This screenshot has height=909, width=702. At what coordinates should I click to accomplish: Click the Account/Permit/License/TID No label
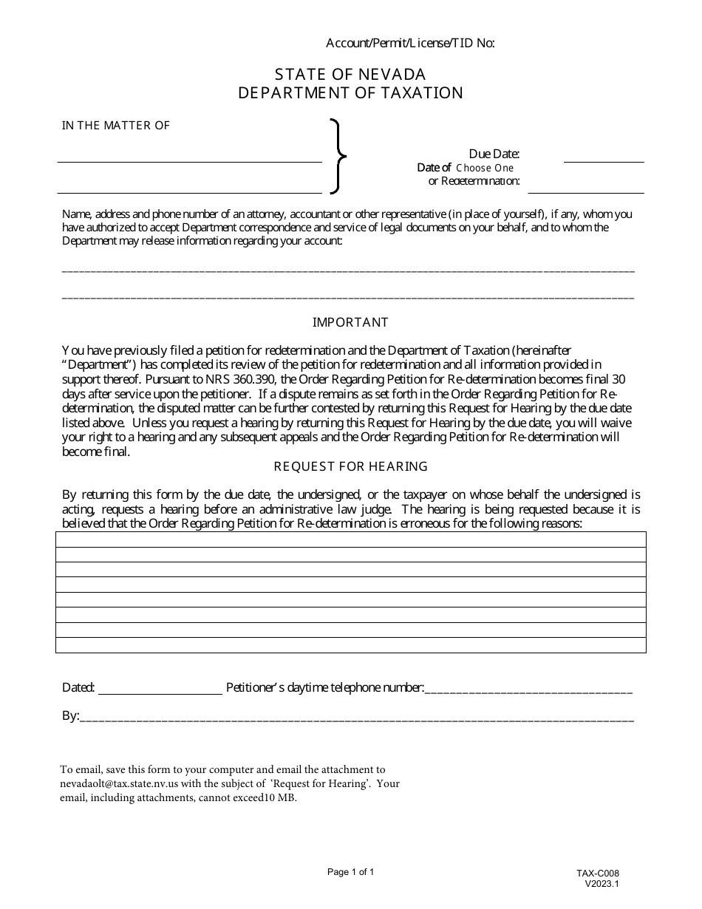pyautogui.click(x=410, y=43)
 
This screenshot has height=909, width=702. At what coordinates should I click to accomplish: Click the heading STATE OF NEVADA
pyautogui.click(x=350, y=74)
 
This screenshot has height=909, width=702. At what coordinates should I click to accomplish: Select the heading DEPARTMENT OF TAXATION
pyautogui.click(x=350, y=93)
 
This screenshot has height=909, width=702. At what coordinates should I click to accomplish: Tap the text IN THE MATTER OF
pyautogui.click(x=115, y=126)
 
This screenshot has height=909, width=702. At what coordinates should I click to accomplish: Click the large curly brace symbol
pyautogui.click(x=338, y=156)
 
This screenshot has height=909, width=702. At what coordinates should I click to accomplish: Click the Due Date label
pyautogui.click(x=494, y=154)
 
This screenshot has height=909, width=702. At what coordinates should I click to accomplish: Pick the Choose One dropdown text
pyautogui.click(x=484, y=168)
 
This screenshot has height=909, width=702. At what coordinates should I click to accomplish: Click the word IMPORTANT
pyautogui.click(x=350, y=322)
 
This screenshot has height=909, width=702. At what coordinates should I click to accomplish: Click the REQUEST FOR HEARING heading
pyautogui.click(x=350, y=466)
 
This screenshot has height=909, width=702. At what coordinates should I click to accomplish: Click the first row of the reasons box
pyautogui.click(x=350, y=539)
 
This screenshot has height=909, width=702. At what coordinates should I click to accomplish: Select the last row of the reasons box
pyautogui.click(x=350, y=645)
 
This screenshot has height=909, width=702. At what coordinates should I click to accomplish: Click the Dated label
pyautogui.click(x=78, y=687)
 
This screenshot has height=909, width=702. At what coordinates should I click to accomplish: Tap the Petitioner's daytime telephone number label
pyautogui.click(x=324, y=687)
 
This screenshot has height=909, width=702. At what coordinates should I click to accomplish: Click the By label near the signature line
pyautogui.click(x=70, y=715)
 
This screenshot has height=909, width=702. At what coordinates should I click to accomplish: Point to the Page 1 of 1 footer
pyautogui.click(x=350, y=872)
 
